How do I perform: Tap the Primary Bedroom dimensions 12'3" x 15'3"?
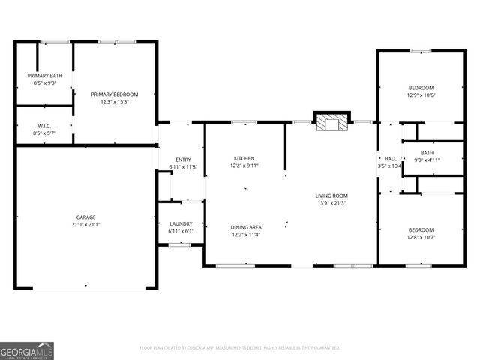tap(115, 101)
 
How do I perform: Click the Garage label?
tap(85, 217)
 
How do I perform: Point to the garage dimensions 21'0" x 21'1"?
tap(85, 225)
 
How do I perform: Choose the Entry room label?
tap(183, 160)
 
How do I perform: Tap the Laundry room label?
tap(181, 223)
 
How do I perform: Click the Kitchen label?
tap(244, 158)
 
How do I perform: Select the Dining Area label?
tap(244, 227)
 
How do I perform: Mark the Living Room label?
tap(331, 196)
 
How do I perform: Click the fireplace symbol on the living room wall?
tap(331, 122)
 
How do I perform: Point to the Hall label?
tap(390, 159)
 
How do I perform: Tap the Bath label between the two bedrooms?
tap(427, 153)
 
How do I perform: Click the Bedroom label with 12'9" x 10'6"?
tap(421, 87)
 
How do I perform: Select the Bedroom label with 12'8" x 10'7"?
tap(421, 229)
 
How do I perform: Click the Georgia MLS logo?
tap(27, 350)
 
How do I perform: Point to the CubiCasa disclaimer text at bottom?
tap(240, 348)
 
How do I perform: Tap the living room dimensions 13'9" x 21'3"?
tap(331, 203)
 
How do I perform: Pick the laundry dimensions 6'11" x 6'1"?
tap(181, 231)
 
